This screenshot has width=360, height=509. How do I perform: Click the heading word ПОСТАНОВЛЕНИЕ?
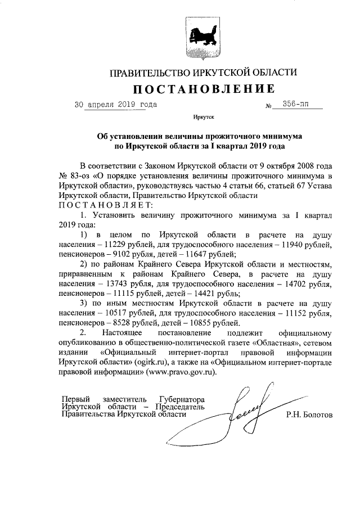(x=204, y=89)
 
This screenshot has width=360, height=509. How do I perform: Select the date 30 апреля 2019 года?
(x=116, y=105)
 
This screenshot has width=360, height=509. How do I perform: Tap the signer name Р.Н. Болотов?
(x=308, y=415)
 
